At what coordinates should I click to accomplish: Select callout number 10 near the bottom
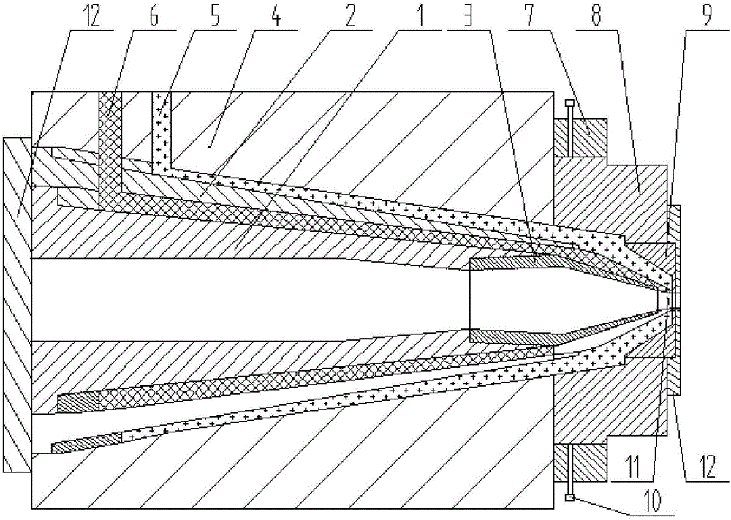[x=653, y=500]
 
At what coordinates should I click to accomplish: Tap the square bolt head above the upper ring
[x=568, y=103]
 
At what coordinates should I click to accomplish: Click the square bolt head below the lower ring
[x=568, y=498]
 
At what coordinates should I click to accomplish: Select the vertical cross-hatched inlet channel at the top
[x=110, y=147]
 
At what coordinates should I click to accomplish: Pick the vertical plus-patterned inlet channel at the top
[x=162, y=132]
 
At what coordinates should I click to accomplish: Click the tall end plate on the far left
[x=17, y=305]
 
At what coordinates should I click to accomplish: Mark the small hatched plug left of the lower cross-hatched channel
[x=78, y=402]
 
